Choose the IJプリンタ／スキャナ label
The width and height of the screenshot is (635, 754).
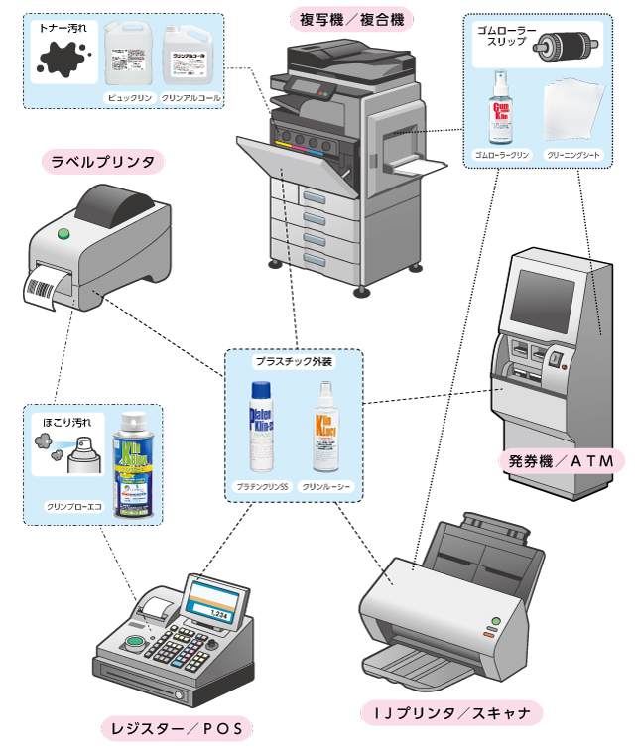(x=451, y=712)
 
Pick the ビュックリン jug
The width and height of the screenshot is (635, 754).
(x=128, y=59)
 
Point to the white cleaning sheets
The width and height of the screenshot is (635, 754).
(x=572, y=111)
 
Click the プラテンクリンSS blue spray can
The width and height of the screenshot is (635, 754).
(x=261, y=427)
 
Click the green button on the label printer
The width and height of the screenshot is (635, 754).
(x=64, y=235)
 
